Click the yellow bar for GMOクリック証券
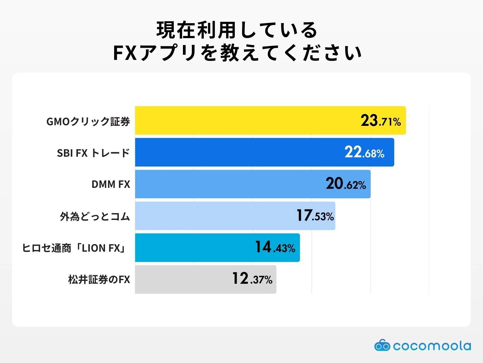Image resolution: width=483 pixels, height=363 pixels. click(241, 120)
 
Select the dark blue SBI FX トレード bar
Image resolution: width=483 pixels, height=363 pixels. click(235, 152)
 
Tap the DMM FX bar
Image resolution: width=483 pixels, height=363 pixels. click(223, 184)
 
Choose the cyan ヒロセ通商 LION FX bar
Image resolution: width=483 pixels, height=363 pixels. click(193, 247)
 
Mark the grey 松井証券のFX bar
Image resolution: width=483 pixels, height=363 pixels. click(181, 279)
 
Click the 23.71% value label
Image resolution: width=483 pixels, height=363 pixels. click(381, 121)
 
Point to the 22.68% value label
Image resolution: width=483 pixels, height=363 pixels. click(364, 152)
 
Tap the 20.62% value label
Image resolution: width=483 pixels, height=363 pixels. click(346, 184)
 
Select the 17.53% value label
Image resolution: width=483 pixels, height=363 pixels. click(315, 216)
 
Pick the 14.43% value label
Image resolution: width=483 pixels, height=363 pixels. click(275, 247)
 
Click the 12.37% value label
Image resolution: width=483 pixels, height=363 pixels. click(252, 279)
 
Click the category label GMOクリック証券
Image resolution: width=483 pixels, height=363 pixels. click(88, 121)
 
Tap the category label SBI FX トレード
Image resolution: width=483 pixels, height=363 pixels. click(93, 153)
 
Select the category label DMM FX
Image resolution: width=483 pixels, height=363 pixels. click(111, 184)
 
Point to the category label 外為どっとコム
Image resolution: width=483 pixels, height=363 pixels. click(95, 216)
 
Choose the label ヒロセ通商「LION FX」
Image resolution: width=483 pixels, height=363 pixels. click(74, 248)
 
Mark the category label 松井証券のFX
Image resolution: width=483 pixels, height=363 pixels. click(99, 280)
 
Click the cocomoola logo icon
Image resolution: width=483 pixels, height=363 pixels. click(382, 345)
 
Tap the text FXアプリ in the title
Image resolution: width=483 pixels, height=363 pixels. click(155, 53)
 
